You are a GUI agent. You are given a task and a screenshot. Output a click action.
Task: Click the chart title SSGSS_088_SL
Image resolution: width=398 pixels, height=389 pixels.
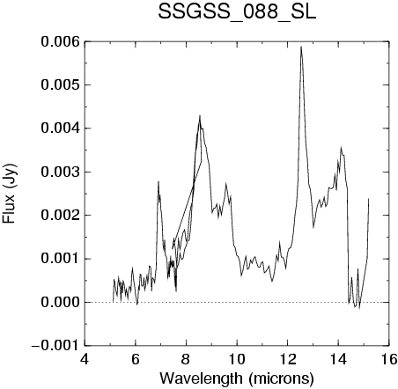[237, 13]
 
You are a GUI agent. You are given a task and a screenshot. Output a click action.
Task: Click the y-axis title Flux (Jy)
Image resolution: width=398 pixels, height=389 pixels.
[9, 194]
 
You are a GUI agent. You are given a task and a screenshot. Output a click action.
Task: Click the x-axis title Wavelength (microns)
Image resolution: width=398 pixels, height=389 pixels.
[237, 378]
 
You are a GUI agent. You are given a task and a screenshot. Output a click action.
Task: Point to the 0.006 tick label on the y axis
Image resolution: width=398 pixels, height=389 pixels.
[60, 41]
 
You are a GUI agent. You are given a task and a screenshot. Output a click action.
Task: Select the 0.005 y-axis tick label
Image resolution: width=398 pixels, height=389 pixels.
[60, 85]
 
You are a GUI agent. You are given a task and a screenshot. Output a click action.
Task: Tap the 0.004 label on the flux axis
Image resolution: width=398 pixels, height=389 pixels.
[60, 128]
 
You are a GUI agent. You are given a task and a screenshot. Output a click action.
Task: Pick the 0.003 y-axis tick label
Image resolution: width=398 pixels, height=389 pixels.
[60, 172]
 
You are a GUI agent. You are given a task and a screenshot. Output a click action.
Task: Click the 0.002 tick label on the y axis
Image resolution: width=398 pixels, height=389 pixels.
[60, 216]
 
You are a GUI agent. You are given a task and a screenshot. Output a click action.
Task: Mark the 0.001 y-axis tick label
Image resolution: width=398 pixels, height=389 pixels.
[60, 259]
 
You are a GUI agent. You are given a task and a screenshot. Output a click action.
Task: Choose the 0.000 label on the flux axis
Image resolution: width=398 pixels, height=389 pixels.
[60, 302]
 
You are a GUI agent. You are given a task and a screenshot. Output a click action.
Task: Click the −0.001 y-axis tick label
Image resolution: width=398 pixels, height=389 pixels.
[55, 346]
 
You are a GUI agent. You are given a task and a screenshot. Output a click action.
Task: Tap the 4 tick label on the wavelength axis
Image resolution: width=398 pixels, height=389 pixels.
[85, 359]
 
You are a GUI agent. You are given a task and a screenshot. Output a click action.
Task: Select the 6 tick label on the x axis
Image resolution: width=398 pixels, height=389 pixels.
[136, 359]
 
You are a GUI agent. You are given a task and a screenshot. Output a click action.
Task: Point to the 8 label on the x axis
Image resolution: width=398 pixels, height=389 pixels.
[186, 359]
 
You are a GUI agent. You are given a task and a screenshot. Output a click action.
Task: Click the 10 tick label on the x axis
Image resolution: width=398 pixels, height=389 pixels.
[237, 359]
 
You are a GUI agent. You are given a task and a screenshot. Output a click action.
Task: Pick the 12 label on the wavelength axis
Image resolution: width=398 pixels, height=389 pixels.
[288, 359]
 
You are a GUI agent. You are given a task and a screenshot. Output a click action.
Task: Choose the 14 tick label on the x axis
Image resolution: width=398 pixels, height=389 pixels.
[338, 359]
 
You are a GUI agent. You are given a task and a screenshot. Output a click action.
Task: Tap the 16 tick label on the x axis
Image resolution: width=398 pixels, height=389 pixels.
[389, 359]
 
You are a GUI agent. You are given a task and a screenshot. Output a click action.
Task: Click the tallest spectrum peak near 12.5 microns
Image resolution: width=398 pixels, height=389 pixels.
[301, 47]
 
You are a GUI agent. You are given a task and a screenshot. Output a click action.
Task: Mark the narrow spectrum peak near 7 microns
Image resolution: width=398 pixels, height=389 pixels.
[158, 182]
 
